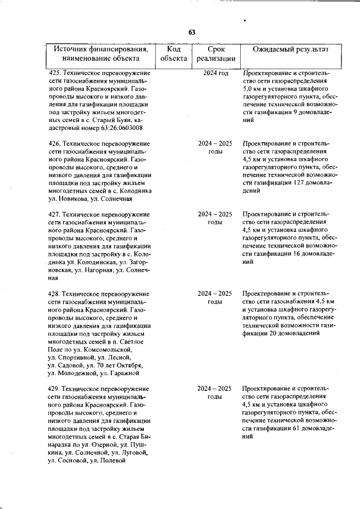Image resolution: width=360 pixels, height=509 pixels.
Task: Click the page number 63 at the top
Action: tap(191, 32)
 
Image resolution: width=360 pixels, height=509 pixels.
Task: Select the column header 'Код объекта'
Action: tap(173, 53)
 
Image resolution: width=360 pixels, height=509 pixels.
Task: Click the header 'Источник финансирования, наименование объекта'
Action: tap(101, 53)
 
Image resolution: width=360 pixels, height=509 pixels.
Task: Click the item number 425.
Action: tap(55, 73)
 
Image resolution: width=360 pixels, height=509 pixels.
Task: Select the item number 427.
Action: tap(55, 214)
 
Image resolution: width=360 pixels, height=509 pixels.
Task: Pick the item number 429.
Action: tap(55, 389)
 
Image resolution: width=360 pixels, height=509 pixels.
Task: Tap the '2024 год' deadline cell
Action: tap(215, 73)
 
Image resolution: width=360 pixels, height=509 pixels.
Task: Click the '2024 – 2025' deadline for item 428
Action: tap(215, 293)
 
